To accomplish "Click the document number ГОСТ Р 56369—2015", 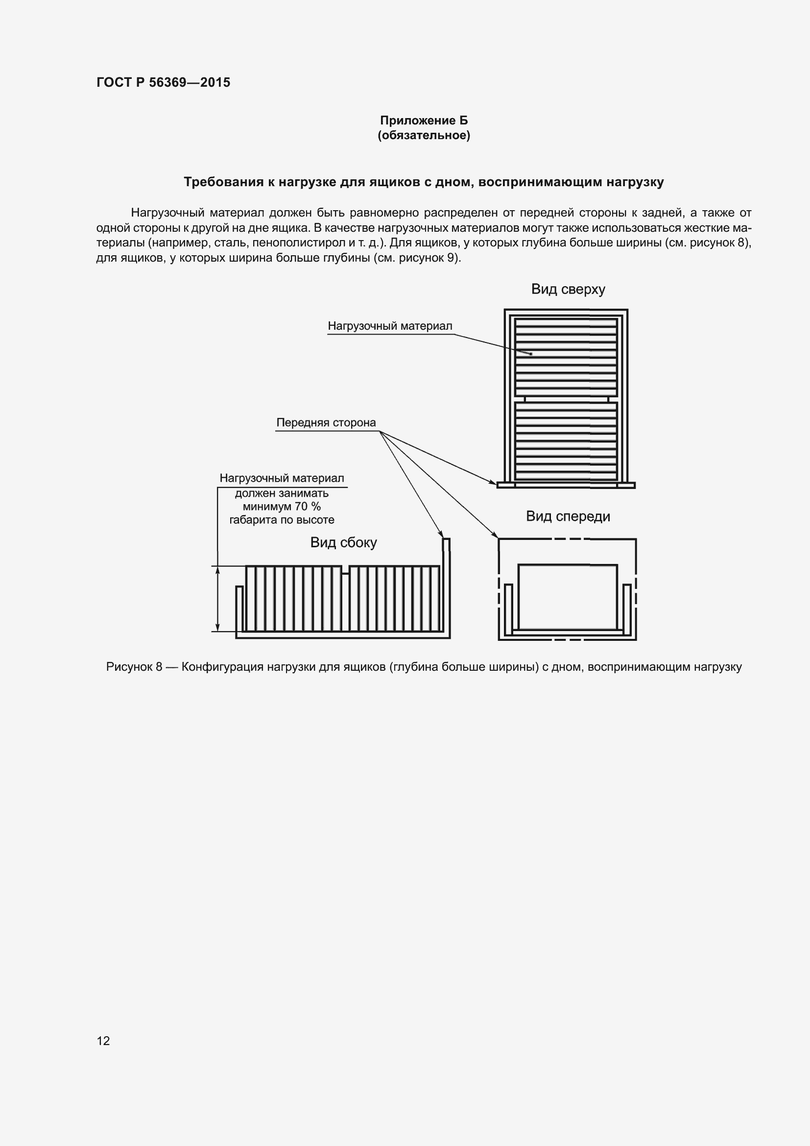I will pos(163,82).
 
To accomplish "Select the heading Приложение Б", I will pos(424,121).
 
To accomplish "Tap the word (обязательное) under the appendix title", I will pos(424,135).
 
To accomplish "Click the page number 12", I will pos(103,1040).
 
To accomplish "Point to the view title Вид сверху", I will pos(568,290).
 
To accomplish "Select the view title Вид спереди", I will pos(568,516).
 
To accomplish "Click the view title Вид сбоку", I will pos(343,542).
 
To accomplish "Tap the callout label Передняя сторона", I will pos(326,423).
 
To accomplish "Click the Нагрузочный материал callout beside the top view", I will pos(389,326).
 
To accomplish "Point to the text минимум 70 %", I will pos(282,507).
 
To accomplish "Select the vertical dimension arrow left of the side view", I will pos(217,598).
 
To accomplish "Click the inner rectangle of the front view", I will pos(568,596).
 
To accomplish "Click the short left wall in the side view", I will pos(239,609).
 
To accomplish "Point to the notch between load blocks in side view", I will pos(345,570).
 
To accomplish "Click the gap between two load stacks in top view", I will pos(566,399).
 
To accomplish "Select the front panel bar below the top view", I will pos(566,485).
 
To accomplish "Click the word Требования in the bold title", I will pos(223,182).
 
